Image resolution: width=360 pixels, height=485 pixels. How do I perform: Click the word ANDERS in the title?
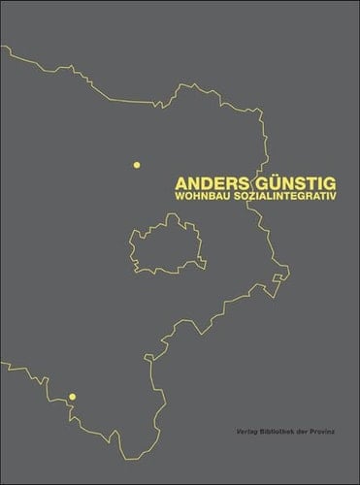(207, 182)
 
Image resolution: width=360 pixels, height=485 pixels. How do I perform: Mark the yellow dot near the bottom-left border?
(72, 396)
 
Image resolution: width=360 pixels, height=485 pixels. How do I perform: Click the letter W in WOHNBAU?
(178, 197)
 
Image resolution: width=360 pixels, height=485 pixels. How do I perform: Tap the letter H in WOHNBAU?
(196, 197)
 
